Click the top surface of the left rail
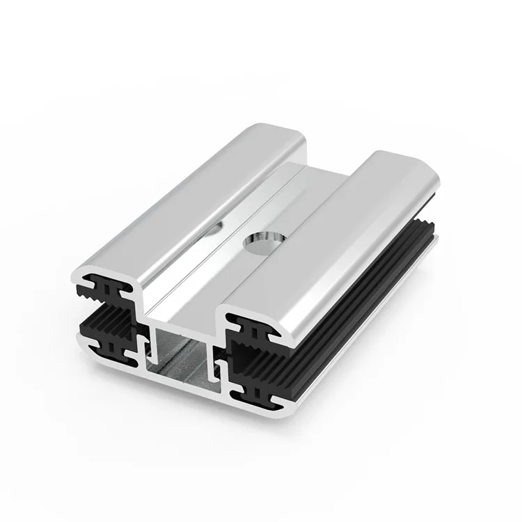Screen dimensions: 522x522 click(x=202, y=195)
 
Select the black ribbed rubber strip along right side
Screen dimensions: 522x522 click(x=362, y=306)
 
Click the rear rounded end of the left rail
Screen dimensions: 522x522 click(x=278, y=132)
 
